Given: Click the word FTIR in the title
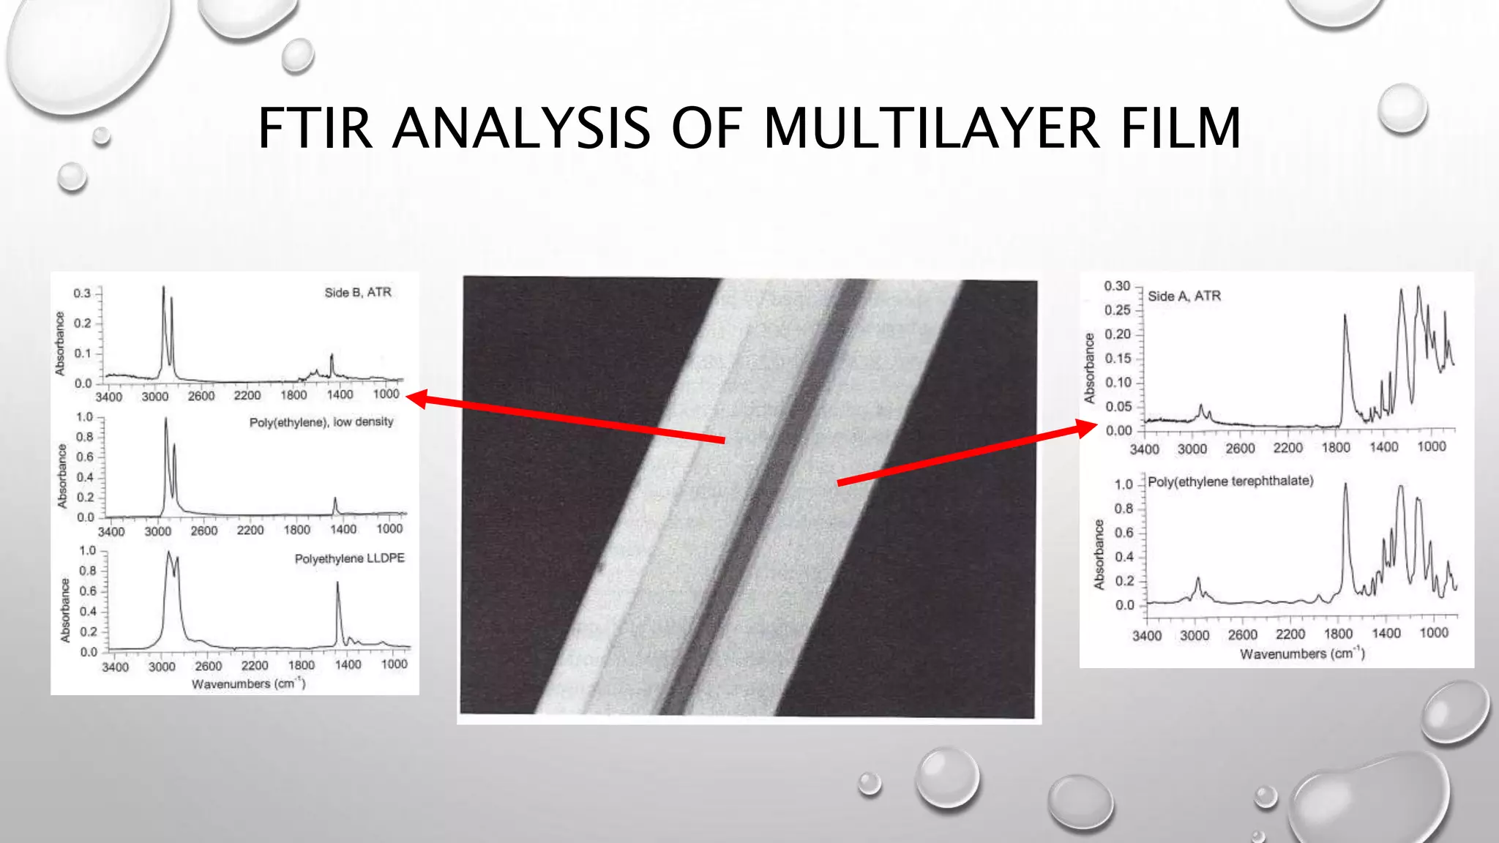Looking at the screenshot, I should click(x=315, y=128).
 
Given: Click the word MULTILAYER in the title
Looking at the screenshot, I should click(x=932, y=128).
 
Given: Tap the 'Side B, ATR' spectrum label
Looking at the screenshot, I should click(x=358, y=293).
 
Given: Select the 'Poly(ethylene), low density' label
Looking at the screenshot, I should click(x=321, y=422).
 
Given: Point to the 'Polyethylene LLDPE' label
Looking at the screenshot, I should click(x=349, y=558).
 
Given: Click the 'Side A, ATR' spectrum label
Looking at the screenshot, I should click(x=1184, y=296).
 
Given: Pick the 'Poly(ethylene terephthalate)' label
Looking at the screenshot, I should click(x=1230, y=481).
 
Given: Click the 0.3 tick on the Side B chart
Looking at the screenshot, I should click(x=81, y=293).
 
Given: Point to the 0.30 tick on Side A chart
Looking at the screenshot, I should click(x=1117, y=286).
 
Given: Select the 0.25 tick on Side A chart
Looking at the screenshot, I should click(x=1117, y=310).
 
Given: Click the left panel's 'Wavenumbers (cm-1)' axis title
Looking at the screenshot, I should click(x=248, y=683).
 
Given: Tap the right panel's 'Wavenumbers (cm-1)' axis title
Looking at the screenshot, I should click(x=1301, y=653).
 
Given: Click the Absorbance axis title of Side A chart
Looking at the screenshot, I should click(x=1089, y=368).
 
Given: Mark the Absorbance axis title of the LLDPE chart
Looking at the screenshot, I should click(x=65, y=610).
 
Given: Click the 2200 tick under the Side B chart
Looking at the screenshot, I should click(x=247, y=396).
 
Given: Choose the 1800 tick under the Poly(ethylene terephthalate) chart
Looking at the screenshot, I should click(x=1338, y=634).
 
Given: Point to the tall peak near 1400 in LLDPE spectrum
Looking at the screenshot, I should click(x=337, y=585).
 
